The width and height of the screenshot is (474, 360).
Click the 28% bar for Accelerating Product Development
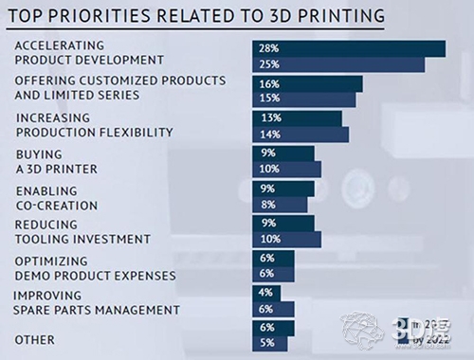pyautogui.click(x=349, y=48)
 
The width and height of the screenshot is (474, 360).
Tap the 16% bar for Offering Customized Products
pyautogui.click(x=306, y=83)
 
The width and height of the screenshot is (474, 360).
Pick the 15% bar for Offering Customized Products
pyautogui.click(x=303, y=99)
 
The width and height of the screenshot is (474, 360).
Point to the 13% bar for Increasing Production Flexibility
pyautogui.click(x=297, y=118)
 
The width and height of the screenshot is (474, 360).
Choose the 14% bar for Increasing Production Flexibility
pyautogui.click(x=301, y=135)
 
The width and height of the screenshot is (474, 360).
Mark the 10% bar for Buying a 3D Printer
pyautogui.click(x=286, y=170)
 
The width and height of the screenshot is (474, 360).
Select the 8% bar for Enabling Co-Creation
pyautogui.click(x=280, y=205)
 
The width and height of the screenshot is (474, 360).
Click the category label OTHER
pyautogui.click(x=34, y=339)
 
